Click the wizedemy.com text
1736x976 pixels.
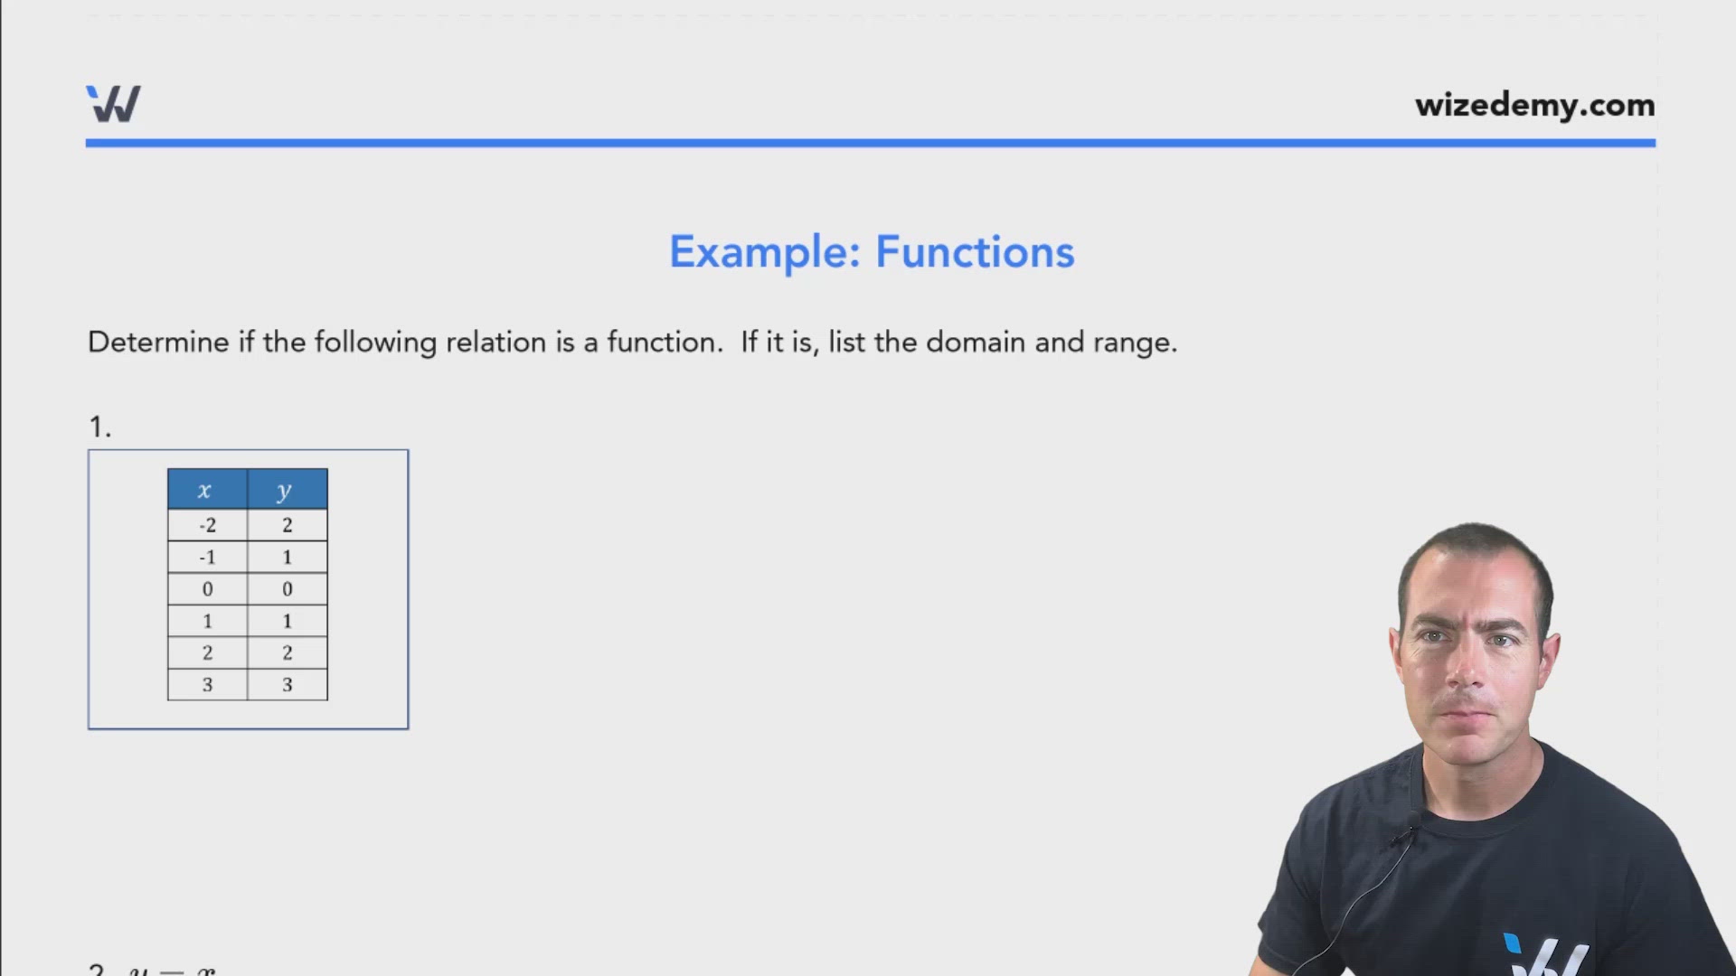(1534, 105)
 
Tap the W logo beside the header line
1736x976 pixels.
(113, 104)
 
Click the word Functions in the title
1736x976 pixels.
(975, 252)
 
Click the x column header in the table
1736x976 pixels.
(206, 490)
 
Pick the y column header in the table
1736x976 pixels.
(286, 490)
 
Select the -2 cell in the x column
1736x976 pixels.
(207, 525)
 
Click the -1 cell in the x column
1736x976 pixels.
(207, 558)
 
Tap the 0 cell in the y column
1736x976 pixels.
(288, 589)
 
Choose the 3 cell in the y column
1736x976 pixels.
(288, 685)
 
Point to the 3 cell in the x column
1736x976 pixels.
(207, 685)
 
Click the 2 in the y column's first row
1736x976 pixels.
(288, 525)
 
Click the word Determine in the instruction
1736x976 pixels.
(158, 343)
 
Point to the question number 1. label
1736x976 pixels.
(99, 427)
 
